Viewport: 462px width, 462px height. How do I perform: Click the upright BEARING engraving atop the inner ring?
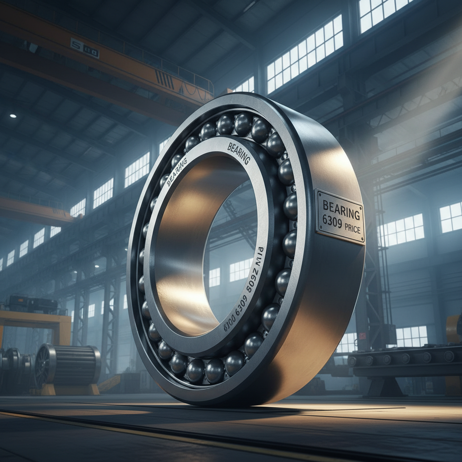point(239,152)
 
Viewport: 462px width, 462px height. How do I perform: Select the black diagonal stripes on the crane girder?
point(164,81)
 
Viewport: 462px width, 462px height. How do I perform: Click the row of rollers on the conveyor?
point(402,358)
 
